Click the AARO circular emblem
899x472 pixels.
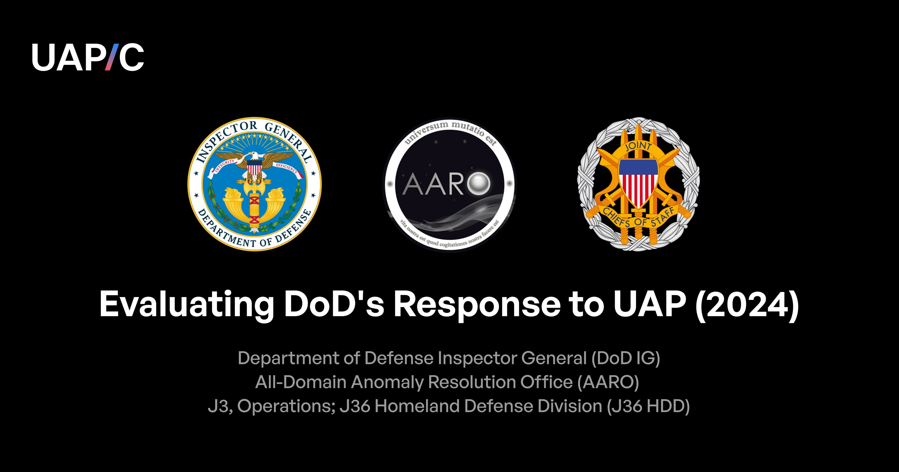click(450, 184)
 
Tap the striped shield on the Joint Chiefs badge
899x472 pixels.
click(638, 183)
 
